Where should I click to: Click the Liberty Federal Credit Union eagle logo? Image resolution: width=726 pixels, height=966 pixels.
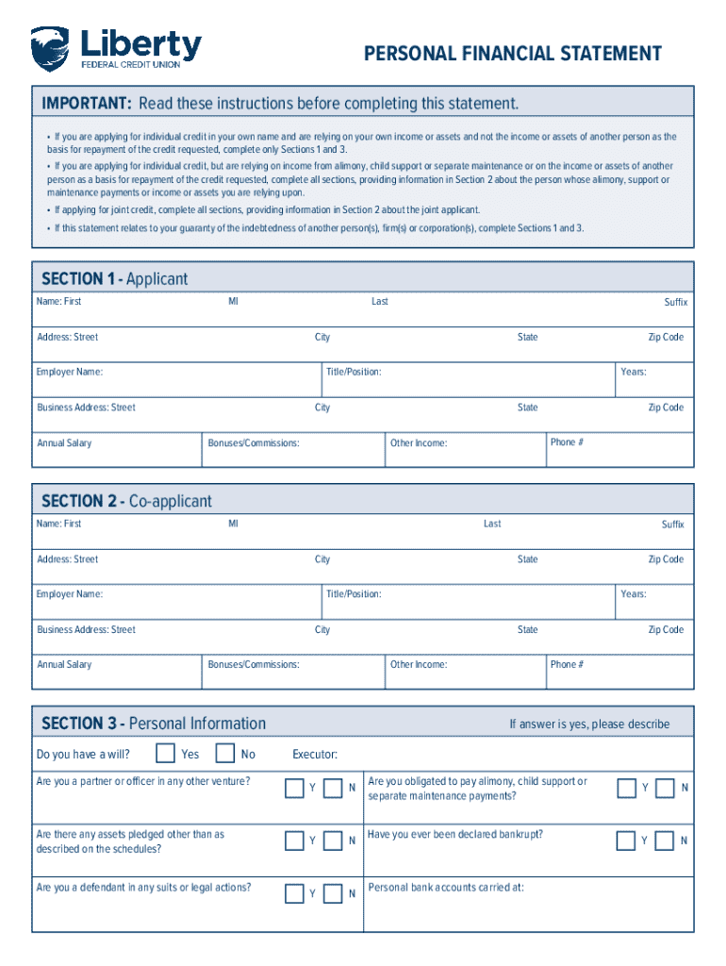(x=50, y=48)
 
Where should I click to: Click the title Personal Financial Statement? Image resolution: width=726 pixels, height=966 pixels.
(x=513, y=54)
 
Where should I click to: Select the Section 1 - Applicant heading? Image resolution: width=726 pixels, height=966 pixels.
(x=114, y=278)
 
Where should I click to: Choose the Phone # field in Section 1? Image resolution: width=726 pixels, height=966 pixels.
(x=619, y=450)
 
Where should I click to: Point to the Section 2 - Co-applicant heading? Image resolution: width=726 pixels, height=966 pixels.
(x=126, y=501)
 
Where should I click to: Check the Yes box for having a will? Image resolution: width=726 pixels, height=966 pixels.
(x=165, y=754)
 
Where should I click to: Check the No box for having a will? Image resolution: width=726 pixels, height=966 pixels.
(x=225, y=754)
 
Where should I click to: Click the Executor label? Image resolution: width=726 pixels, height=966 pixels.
(x=315, y=755)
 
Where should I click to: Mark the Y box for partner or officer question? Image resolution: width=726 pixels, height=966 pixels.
(x=294, y=788)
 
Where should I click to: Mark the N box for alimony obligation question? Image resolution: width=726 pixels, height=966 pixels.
(x=666, y=788)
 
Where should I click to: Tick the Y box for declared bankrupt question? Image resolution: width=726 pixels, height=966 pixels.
(x=626, y=840)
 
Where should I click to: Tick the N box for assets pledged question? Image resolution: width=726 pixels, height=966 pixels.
(x=333, y=840)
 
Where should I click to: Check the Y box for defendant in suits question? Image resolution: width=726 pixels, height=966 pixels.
(x=294, y=892)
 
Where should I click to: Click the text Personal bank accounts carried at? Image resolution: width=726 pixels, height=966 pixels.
(x=445, y=888)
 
